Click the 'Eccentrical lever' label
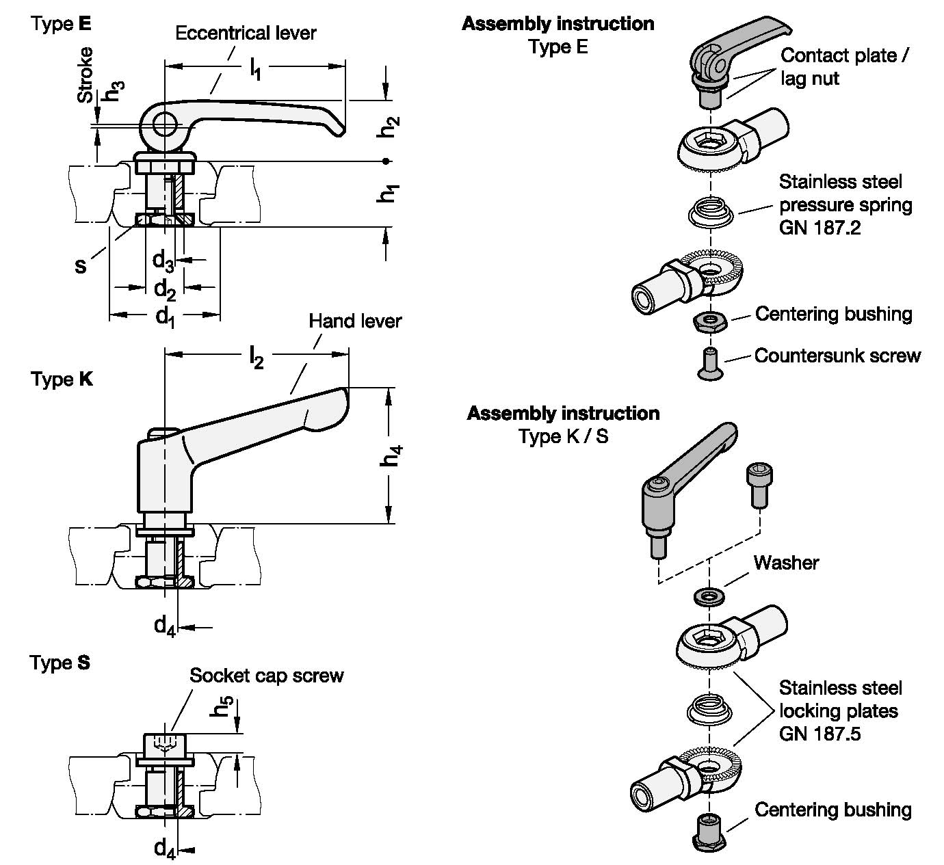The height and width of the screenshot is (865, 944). point(246,33)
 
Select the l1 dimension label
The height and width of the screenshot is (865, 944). point(255,69)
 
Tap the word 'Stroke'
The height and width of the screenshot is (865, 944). point(86,75)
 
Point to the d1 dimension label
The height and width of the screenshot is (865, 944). point(164,316)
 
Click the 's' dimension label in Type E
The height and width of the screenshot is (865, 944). point(81,266)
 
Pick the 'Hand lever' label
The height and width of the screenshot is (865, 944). point(354,321)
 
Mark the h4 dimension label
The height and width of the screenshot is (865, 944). point(391,455)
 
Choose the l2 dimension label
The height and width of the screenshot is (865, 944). point(256,357)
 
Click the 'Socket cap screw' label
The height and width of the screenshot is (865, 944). point(266,676)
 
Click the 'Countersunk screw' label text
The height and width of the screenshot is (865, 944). point(837,356)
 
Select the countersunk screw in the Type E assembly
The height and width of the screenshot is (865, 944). point(710,363)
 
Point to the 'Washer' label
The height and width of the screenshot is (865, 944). point(786,563)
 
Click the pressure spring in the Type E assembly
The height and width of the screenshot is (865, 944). point(711,211)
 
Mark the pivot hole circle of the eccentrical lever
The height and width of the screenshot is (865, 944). point(164,124)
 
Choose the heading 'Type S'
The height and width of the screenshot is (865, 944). point(60,663)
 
